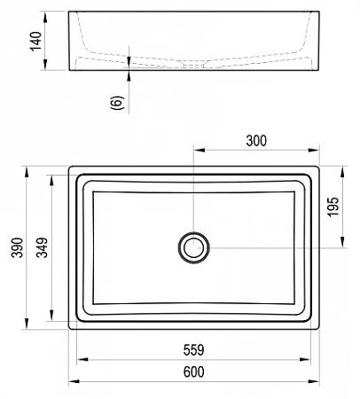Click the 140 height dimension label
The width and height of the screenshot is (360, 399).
tap(36, 41)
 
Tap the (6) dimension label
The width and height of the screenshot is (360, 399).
tap(116, 103)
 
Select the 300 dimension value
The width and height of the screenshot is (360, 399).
tap(256, 141)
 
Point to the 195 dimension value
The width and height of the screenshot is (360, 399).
tap(333, 207)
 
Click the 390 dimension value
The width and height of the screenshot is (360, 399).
tap(17, 247)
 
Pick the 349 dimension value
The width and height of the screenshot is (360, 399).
tap(42, 247)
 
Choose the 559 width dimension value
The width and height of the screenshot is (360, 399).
tap(193, 350)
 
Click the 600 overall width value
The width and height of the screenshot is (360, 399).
tap(193, 372)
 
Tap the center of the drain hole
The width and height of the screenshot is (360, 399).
tap(194, 247)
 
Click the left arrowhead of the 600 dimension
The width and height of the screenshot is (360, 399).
tap(74, 381)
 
